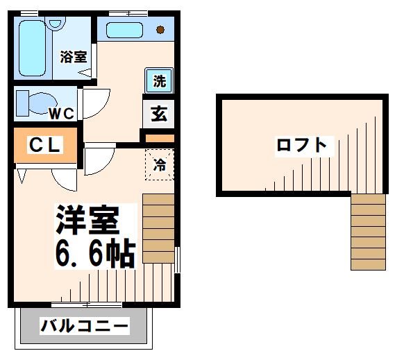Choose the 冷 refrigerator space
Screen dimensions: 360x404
tap(159, 165)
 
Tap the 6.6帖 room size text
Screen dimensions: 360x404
tap(94, 255)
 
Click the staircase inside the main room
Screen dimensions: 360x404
tap(159, 221)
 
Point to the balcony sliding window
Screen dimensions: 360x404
tap(87, 305)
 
